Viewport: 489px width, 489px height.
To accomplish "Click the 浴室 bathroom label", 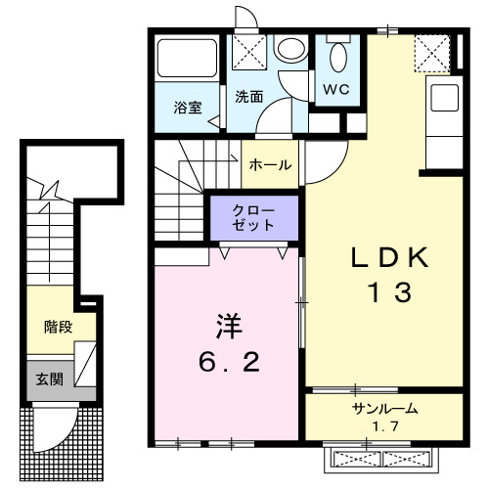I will (189, 108).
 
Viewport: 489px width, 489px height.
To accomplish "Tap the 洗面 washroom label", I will (249, 97).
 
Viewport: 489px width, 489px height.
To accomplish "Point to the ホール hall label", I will (270, 165).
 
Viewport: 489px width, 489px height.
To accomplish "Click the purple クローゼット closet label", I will (252, 217).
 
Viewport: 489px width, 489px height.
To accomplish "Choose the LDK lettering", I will (388, 259).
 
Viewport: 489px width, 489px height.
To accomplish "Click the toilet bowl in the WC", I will (338, 56).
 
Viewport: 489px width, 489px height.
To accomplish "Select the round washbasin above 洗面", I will (289, 48).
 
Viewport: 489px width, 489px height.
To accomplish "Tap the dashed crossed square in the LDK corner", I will (430, 52).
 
